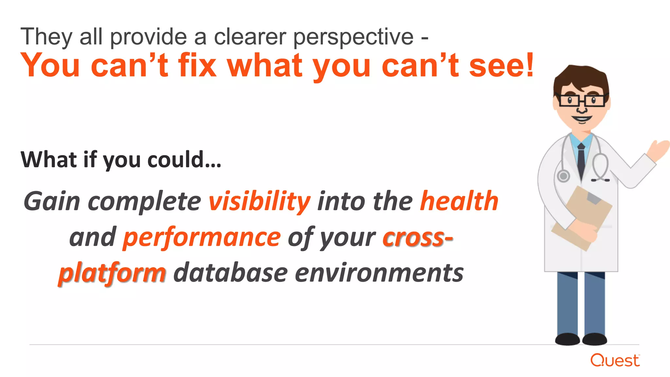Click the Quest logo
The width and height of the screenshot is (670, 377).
click(615, 360)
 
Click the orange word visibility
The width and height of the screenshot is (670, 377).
click(259, 201)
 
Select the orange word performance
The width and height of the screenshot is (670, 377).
click(202, 237)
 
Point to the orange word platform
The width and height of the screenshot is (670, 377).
click(112, 273)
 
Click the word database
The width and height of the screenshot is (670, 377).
click(230, 273)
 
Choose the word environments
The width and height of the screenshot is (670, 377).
click(379, 273)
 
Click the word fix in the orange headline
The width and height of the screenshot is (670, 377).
click(197, 65)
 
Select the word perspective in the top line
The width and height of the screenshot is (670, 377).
click(353, 37)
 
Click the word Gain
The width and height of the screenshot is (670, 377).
click(52, 201)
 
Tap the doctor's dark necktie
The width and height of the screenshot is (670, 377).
click(581, 160)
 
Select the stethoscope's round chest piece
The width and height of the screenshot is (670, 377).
click(563, 176)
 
